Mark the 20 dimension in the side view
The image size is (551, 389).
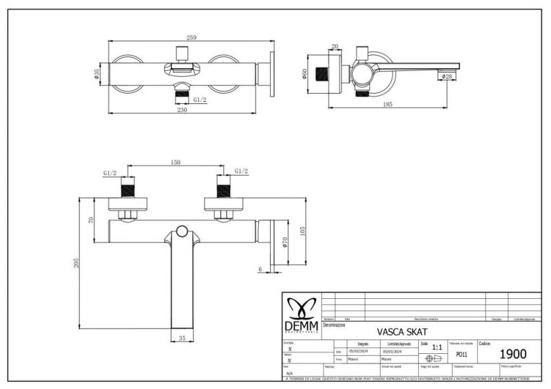point(335,47)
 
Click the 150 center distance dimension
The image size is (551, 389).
point(175,162)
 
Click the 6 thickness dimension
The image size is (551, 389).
point(260,269)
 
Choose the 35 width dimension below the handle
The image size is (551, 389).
point(183,339)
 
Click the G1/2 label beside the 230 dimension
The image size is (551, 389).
point(200,100)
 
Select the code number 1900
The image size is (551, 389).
point(512,354)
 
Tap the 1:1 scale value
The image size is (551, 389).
point(436,347)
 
